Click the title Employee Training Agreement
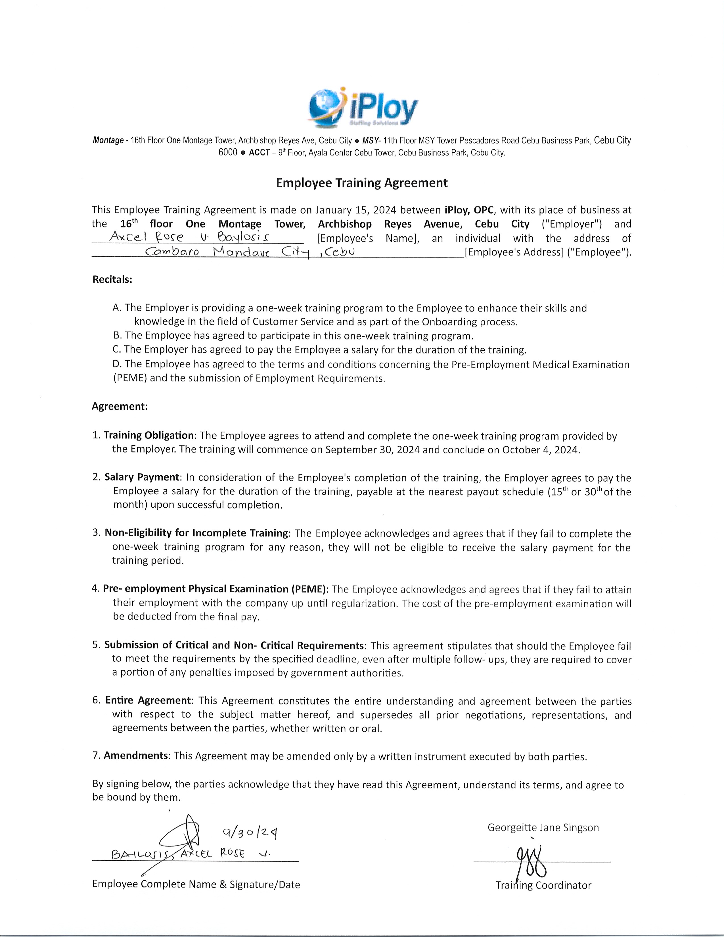click(x=361, y=183)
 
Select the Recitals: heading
click(x=112, y=279)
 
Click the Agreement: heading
click(x=120, y=406)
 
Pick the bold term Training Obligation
click(x=149, y=436)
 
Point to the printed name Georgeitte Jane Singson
click(x=543, y=828)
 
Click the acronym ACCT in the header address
click(x=259, y=153)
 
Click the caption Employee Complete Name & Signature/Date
click(x=196, y=884)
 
